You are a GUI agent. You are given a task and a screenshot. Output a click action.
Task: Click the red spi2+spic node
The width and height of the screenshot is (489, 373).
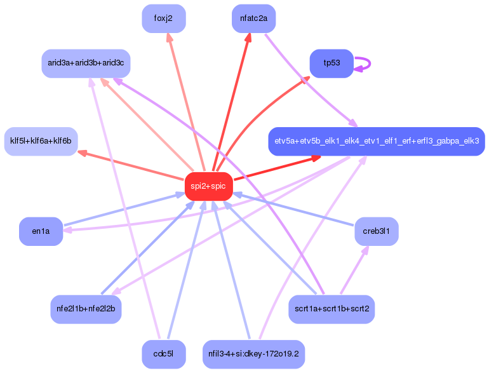pos(208,186)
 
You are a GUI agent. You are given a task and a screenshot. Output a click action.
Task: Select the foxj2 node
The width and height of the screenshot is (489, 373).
pos(163,18)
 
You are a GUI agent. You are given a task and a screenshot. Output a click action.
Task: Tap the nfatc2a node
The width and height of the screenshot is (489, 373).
pos(253,18)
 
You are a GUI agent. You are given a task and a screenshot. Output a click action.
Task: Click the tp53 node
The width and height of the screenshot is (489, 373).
pos(331,63)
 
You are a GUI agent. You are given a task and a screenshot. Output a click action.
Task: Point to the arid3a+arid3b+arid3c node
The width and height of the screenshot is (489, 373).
pos(86,64)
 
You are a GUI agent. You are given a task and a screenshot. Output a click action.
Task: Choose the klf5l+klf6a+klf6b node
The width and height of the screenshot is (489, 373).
pos(41,141)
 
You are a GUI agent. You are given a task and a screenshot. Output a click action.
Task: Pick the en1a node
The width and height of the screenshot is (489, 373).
pos(41,231)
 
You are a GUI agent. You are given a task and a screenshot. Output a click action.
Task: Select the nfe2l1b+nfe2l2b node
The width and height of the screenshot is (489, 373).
pos(86,309)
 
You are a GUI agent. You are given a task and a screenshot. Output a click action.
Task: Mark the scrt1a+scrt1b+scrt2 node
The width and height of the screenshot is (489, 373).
pos(331,309)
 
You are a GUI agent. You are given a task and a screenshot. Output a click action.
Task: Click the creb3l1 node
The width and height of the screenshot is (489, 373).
pos(376,231)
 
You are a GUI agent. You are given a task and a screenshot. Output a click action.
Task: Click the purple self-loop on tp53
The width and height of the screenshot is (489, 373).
pos(365,63)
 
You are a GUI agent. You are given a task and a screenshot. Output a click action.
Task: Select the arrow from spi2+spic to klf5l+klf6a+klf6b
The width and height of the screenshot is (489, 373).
pos(130,165)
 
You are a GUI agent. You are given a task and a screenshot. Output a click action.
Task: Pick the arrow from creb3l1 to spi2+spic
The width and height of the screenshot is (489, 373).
pos(292,209)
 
